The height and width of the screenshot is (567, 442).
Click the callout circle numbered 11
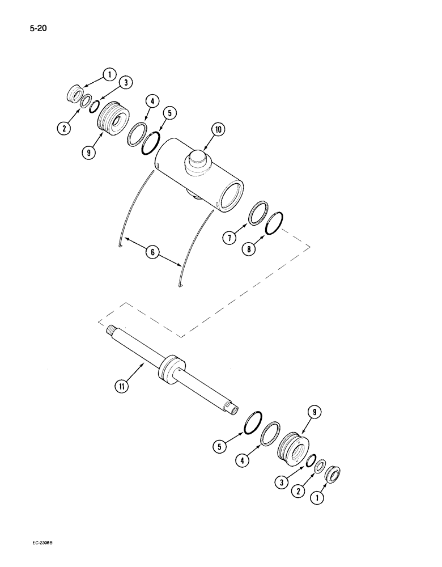pyautogui.click(x=121, y=387)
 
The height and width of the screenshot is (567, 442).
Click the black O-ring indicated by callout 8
pyautogui.click(x=274, y=223)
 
